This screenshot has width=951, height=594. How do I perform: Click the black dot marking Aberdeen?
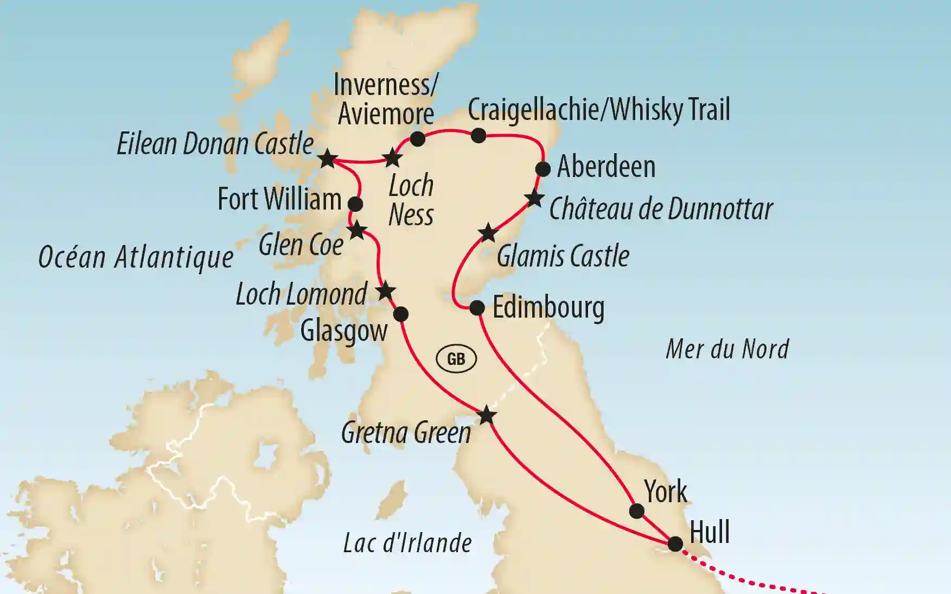pyautogui.click(x=542, y=169)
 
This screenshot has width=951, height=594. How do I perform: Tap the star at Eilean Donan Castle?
pyautogui.click(x=328, y=159)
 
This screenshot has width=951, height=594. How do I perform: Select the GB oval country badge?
pyautogui.click(x=456, y=359)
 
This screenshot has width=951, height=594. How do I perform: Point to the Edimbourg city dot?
pyautogui.click(x=476, y=308)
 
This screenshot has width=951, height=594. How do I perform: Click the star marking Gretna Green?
pyautogui.click(x=487, y=415)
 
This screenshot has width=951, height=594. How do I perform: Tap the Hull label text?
pyautogui.click(x=709, y=532)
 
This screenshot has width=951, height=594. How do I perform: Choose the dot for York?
pyautogui.click(x=636, y=510)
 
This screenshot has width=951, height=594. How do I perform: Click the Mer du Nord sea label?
pyautogui.click(x=727, y=349)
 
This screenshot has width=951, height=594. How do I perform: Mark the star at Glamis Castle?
pyautogui.click(x=488, y=233)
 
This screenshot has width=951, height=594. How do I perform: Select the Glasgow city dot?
pyautogui.click(x=400, y=314)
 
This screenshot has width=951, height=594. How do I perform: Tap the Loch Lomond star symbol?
pyautogui.click(x=385, y=290)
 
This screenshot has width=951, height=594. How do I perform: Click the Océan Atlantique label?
pyautogui.click(x=136, y=257)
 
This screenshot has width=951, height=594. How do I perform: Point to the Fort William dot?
pyautogui.click(x=355, y=204)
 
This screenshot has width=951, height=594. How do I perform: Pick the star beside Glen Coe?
pyautogui.click(x=357, y=231)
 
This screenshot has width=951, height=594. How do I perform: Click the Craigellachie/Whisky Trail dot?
pyautogui.click(x=478, y=135)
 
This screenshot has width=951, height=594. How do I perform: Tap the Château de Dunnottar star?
pyautogui.click(x=534, y=199)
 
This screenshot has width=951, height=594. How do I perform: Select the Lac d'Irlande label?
pyautogui.click(x=407, y=543)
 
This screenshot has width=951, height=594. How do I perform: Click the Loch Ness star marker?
pyautogui.click(x=392, y=159)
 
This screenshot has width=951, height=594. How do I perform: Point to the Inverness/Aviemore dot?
pyautogui.click(x=417, y=139)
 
